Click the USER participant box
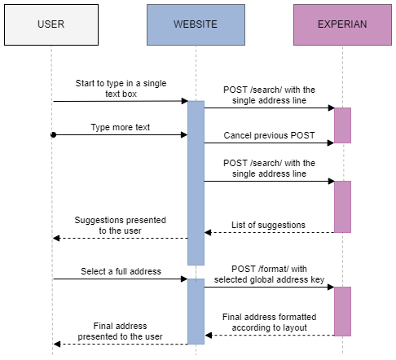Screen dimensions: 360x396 tap(51, 24)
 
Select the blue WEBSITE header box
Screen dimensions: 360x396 tap(196, 24)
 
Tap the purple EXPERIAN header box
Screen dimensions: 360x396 tap(342, 24)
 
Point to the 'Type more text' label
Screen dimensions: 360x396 tap(120, 128)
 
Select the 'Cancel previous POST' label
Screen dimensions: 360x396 tap(269, 134)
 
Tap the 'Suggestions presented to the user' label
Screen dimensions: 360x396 tap(120, 225)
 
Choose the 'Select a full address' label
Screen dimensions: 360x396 tap(120, 270)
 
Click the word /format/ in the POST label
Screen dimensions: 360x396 tap(268, 269)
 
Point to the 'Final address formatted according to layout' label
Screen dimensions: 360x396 tap(269, 322)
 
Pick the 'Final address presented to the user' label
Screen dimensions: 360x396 tap(120, 331)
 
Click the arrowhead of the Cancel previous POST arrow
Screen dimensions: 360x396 tap(331, 143)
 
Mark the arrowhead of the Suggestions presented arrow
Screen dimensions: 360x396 tap(55, 238)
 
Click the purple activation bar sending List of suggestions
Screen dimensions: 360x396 tap(342, 206)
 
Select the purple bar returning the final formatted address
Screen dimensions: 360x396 tap(342, 311)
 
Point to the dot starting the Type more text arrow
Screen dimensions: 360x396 tap(52, 134)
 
